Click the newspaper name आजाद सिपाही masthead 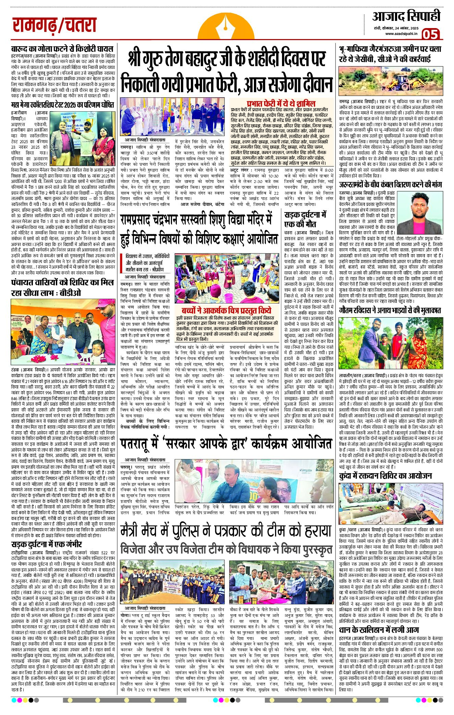[x=406, y=16]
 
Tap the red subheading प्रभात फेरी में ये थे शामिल [x=281, y=103]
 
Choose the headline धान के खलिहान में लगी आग [x=379, y=630]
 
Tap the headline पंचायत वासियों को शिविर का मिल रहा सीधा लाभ [x=62, y=288]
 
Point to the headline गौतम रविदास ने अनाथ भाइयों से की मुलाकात [x=390, y=310]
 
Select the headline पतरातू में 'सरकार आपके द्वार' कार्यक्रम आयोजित [x=226, y=444]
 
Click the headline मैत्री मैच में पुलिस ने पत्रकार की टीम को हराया [x=226, y=530]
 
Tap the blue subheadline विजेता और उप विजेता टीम [x=226, y=549]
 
